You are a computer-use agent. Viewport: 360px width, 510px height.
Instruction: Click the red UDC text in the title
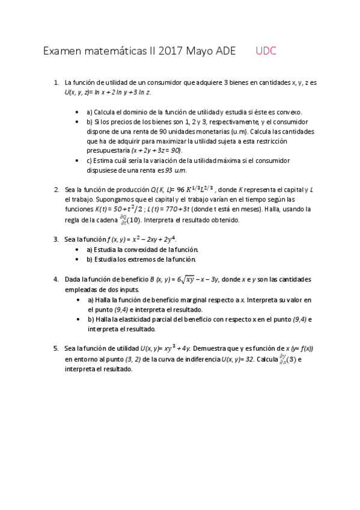(266, 52)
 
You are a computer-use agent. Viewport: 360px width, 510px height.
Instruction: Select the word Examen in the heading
(63, 52)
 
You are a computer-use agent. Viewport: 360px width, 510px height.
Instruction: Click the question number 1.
(56, 82)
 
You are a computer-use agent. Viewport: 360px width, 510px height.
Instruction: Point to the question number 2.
(56, 188)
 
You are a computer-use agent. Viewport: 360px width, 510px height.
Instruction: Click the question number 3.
(56, 239)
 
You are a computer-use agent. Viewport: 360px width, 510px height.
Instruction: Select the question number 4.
(56, 279)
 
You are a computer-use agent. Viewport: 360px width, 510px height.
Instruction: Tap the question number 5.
(56, 348)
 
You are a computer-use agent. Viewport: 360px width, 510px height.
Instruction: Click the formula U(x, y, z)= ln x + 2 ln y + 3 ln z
(108, 92)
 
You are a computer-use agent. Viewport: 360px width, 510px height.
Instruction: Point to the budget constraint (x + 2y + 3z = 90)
(156, 150)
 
